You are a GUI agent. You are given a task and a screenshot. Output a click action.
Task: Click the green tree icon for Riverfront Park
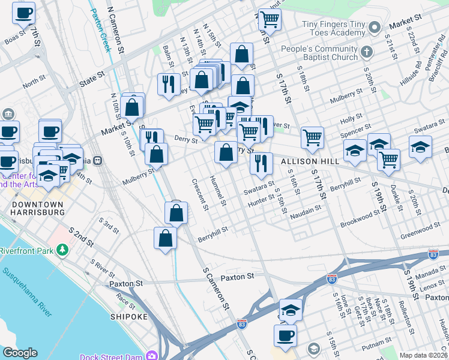pos(62,249)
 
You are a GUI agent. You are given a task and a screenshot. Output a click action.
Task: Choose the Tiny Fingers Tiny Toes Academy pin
pos(375,27)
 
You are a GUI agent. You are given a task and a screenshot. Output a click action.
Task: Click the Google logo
pos(20,353)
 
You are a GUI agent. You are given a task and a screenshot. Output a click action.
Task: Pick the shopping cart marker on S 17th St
pos(312,137)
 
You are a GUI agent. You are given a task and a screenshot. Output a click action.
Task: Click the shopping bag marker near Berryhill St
pos(165,238)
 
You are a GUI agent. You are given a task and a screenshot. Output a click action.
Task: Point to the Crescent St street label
pos(199,195)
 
